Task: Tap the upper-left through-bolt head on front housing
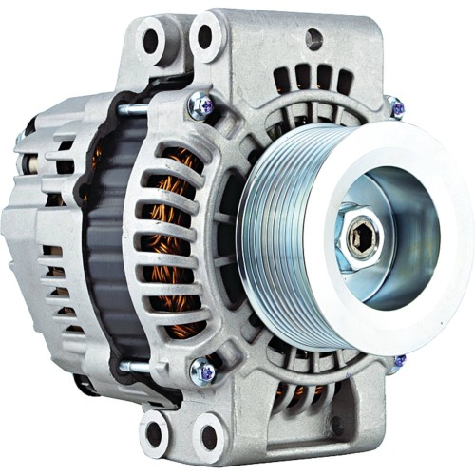click(201, 107)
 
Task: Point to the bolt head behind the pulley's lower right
click(399, 361)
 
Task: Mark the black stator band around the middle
click(109, 237)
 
